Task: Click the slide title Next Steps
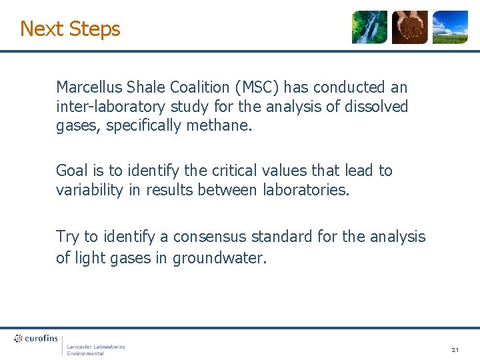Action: coord(70,29)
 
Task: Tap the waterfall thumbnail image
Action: coord(369,27)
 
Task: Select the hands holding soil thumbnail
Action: coord(409,27)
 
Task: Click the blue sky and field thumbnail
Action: coord(450,27)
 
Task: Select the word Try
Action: coord(67,237)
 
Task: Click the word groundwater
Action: coord(219,257)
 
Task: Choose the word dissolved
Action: coord(376,107)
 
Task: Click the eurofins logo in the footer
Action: coord(36,339)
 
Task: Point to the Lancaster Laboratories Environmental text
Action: coord(95,349)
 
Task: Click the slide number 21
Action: coord(455,349)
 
